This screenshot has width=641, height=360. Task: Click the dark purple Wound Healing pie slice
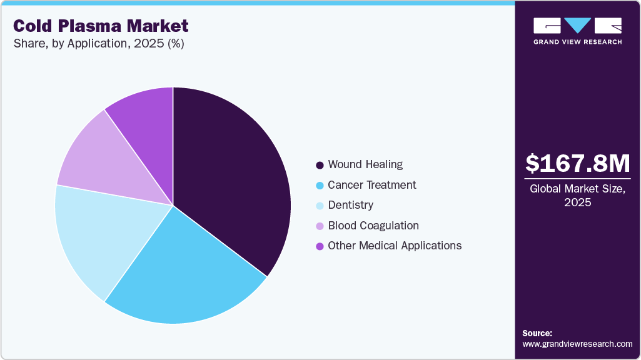[x=231, y=181]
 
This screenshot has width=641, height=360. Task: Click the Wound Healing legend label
[x=365, y=165]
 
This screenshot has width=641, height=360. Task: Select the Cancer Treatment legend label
[x=371, y=185]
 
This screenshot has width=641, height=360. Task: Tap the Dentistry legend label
[x=350, y=205]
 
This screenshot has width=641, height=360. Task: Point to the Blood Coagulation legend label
[x=373, y=226]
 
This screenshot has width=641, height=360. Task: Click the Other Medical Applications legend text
[x=395, y=246]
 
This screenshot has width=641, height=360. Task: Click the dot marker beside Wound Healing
[x=320, y=166]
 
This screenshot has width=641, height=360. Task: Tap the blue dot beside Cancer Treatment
[x=320, y=186]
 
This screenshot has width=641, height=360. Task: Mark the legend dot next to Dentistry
[x=320, y=206]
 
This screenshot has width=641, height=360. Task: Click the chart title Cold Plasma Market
[x=100, y=26]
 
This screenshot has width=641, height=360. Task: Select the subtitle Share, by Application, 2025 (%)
[x=98, y=44]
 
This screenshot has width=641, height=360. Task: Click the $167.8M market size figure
[x=577, y=163]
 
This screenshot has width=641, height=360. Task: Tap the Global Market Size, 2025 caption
[x=577, y=196]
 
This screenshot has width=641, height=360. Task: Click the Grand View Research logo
[x=577, y=31]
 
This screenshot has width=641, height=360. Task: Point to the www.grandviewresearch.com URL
[x=577, y=344]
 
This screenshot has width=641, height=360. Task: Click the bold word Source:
[x=537, y=333]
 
